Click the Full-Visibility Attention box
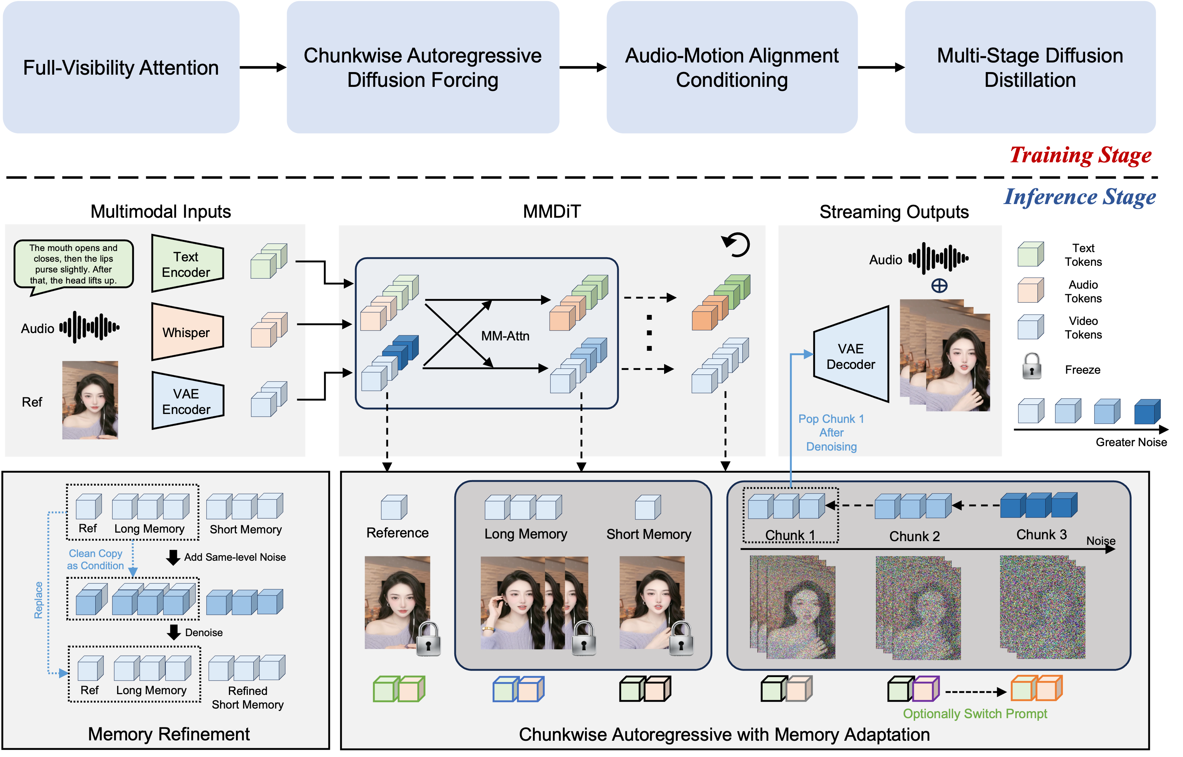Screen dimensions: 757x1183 click(x=121, y=67)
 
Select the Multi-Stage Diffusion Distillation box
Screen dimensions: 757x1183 click(x=1030, y=67)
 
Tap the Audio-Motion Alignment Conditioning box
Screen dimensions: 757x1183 click(x=732, y=67)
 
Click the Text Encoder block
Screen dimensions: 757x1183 click(x=187, y=264)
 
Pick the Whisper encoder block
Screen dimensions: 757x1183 click(x=187, y=332)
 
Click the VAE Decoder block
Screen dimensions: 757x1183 click(x=851, y=356)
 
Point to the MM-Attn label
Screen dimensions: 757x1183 click(x=505, y=336)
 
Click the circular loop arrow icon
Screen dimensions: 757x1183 click(x=736, y=244)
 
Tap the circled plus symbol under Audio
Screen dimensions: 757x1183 click(x=939, y=286)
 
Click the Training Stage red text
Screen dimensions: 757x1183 click(x=1080, y=155)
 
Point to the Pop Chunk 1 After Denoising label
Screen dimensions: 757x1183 click(x=831, y=432)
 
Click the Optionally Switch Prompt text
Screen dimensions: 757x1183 click(x=975, y=714)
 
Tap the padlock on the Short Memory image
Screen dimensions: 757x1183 click(x=681, y=639)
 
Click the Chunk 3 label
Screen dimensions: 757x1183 click(x=1042, y=535)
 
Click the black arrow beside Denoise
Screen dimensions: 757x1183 click(x=174, y=632)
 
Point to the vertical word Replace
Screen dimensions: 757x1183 click(x=38, y=600)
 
